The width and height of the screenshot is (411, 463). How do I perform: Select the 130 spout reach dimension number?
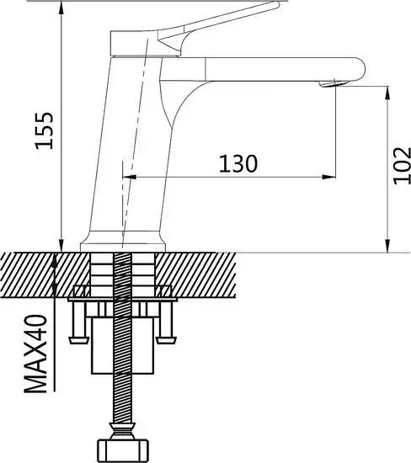click(x=239, y=163)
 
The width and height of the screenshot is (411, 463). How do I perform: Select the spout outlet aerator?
click(x=336, y=82)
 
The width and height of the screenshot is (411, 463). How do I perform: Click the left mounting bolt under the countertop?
click(x=81, y=323)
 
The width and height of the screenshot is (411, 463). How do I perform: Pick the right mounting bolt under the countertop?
click(x=165, y=323)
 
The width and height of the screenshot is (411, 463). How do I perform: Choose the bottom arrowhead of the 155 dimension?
click(x=61, y=247)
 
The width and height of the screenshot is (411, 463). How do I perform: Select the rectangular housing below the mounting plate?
click(x=124, y=345)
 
